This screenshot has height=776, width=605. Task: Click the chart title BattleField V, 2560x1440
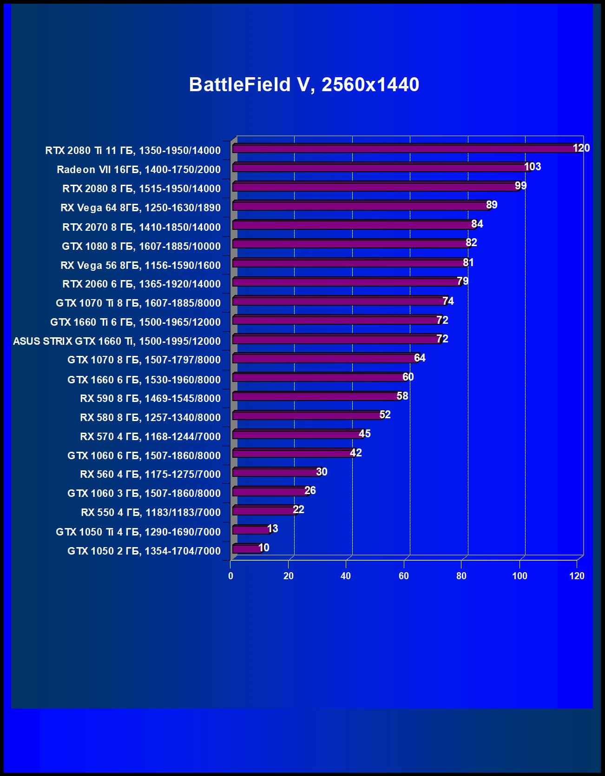tap(304, 85)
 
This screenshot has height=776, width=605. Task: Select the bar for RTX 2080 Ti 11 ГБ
tap(404, 148)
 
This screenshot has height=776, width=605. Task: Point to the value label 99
tap(520, 186)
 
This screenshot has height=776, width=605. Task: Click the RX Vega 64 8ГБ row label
tap(140, 207)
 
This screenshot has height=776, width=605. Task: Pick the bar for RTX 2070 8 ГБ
tap(353, 225)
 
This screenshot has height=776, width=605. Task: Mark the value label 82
tap(471, 242)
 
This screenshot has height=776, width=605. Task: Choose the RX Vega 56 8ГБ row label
tap(140, 265)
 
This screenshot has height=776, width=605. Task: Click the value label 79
tap(462, 281)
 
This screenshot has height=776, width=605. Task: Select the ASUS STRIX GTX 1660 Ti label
tap(117, 341)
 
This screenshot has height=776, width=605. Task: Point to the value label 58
tap(402, 396)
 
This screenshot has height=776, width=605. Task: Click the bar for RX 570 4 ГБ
tap(297, 435)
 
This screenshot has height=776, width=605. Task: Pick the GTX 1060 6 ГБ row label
tap(144, 455)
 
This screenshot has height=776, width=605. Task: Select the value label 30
tap(322, 472)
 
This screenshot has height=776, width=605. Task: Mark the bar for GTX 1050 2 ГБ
tap(247, 549)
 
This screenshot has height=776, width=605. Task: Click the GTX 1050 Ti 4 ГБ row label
tap(138, 532)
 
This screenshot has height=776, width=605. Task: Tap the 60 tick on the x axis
tap(403, 576)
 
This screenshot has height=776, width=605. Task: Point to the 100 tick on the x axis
tap(520, 576)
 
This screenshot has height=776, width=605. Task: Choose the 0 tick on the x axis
tap(230, 576)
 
